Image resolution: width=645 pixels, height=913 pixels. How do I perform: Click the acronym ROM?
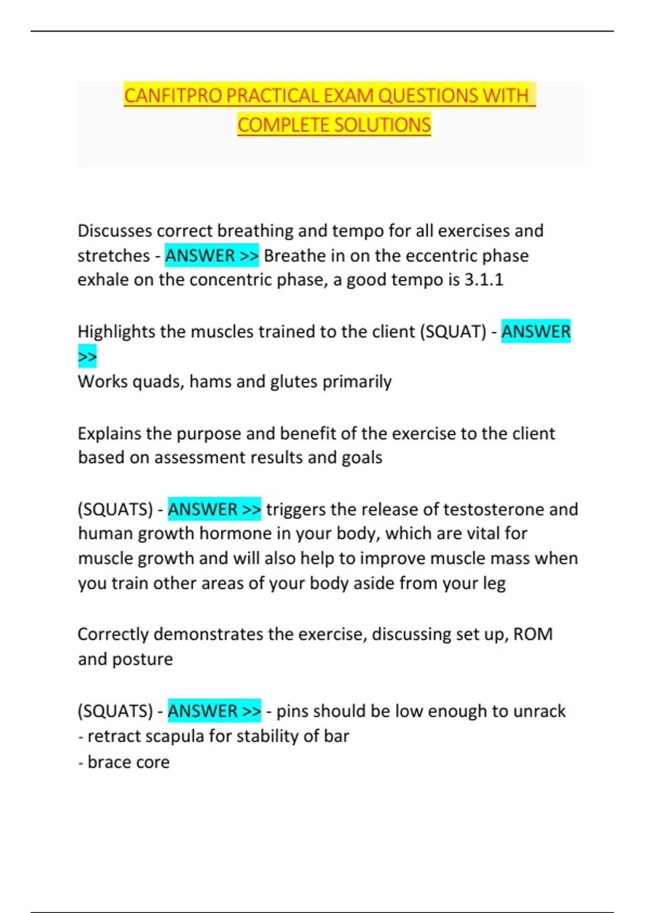click(x=533, y=634)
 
